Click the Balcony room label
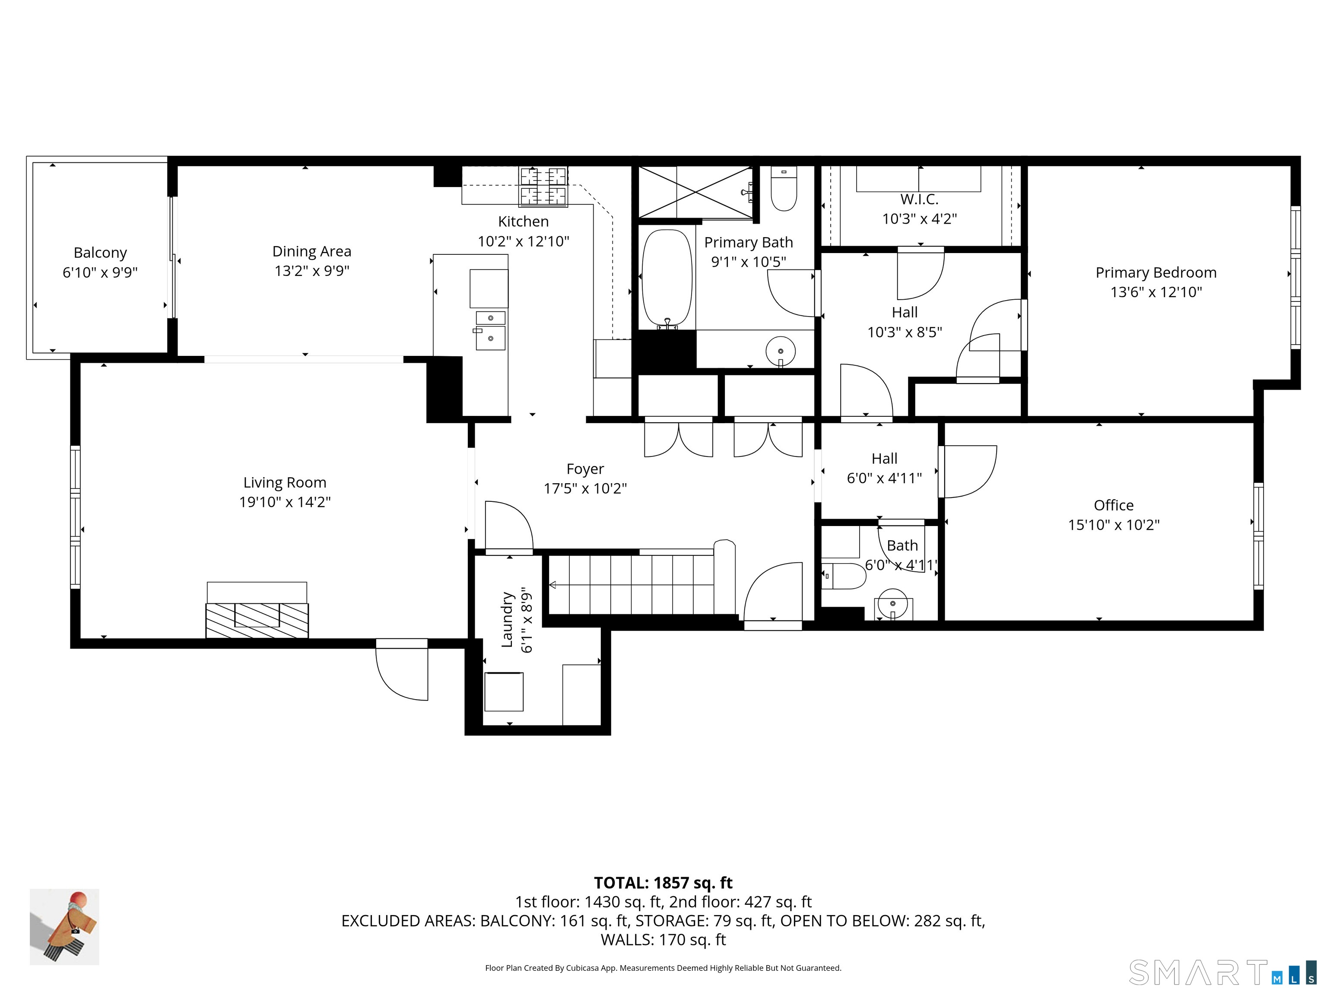click(100, 253)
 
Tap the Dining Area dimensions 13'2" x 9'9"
click(311, 270)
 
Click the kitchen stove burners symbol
click(543, 187)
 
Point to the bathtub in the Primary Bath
click(667, 278)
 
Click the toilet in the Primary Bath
click(784, 189)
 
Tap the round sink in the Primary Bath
click(781, 352)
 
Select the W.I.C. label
click(919, 199)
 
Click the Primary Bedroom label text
click(1156, 273)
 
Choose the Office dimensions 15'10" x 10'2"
click(1114, 525)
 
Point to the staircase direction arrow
click(552, 585)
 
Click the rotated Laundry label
click(508, 620)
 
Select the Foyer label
click(585, 469)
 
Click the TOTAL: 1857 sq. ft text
click(663, 883)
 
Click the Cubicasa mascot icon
click(64, 927)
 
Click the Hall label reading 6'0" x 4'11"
click(884, 478)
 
